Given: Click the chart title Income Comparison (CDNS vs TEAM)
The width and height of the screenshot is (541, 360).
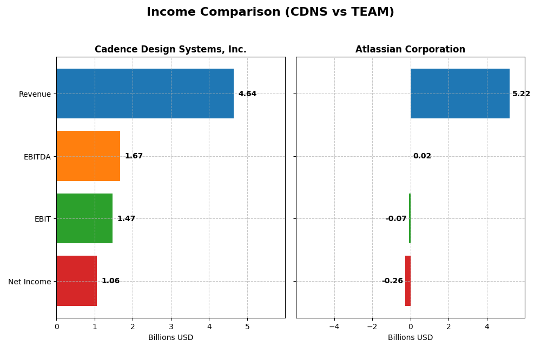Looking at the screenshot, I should click(270, 12).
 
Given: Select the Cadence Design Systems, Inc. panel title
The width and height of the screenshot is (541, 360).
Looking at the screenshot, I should click(170, 49).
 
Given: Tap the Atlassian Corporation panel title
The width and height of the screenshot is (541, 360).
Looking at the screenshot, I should click(410, 49).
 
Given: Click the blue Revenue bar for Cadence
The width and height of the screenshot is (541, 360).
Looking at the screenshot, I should click(145, 94).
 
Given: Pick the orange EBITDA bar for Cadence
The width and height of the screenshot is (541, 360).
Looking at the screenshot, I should click(88, 156).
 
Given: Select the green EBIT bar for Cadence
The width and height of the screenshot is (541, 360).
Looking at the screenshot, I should click(84, 218).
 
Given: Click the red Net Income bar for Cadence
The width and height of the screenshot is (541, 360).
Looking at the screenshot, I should click(76, 281).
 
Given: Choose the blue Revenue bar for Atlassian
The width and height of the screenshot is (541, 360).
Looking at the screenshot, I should click(460, 94).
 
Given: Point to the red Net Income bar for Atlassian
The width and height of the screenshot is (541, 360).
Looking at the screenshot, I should click(408, 281).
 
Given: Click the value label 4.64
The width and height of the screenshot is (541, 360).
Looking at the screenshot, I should click(247, 94).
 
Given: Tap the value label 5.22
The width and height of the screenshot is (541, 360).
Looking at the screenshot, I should click(521, 94).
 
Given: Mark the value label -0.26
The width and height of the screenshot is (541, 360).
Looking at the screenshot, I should click(392, 281).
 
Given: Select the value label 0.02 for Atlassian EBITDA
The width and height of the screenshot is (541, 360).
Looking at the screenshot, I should click(422, 156).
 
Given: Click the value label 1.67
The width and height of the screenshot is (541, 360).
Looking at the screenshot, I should click(134, 156).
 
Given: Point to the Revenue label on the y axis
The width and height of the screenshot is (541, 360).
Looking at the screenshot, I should click(35, 94).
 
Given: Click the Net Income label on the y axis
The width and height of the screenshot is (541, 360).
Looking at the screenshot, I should click(30, 282).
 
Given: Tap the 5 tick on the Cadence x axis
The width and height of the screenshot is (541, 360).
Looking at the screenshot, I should click(247, 326).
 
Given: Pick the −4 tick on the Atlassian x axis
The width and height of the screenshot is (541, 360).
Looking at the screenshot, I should click(334, 326).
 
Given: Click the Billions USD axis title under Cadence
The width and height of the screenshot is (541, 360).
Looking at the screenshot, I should click(170, 337).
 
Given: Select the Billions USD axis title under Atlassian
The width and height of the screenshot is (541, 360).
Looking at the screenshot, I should click(410, 337).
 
